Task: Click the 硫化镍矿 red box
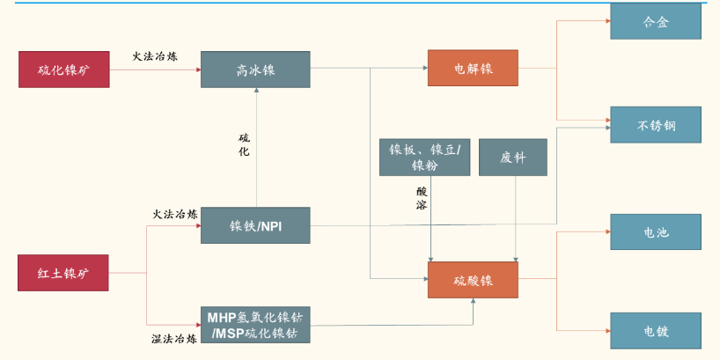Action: (64, 70)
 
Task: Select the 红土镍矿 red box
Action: (64, 273)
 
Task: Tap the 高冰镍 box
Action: (255, 70)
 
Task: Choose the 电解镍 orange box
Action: (473, 68)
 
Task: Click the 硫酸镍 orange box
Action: (473, 280)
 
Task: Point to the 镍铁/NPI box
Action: (255, 225)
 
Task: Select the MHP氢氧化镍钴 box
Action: (255, 324)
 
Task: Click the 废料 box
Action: (512, 157)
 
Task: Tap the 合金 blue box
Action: (656, 22)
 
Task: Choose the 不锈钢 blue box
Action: (656, 125)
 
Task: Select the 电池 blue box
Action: (656, 232)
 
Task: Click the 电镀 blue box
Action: (656, 331)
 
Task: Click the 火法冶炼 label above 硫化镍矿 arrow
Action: (155, 55)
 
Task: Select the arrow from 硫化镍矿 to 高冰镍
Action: (155, 70)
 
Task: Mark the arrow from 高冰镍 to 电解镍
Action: (370, 68)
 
